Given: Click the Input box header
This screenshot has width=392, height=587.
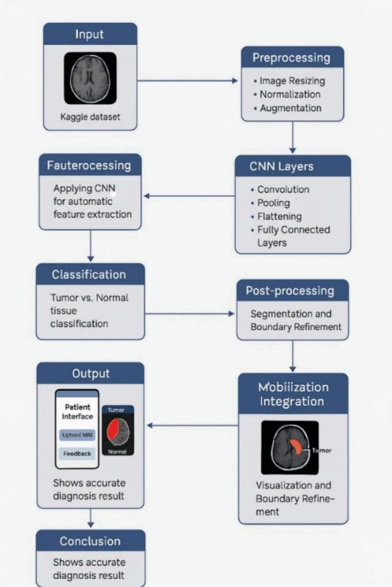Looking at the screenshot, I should (x=90, y=34).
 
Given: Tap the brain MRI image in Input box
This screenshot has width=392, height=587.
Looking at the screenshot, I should (x=90, y=77).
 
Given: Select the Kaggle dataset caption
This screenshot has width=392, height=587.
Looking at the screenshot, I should (x=90, y=118).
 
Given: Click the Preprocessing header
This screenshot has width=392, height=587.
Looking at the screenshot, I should (x=292, y=58).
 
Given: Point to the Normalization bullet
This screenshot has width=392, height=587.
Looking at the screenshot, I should (x=290, y=94).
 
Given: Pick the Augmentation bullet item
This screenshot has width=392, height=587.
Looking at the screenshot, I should (x=290, y=108).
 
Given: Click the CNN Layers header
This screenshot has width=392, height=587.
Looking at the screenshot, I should (x=292, y=166).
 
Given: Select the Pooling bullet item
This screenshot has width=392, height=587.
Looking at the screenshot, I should (x=274, y=203).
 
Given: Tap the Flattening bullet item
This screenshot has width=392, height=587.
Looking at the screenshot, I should (x=279, y=217).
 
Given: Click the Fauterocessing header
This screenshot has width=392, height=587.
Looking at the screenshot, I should (x=89, y=166).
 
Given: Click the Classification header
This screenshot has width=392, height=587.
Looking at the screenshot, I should (x=89, y=274).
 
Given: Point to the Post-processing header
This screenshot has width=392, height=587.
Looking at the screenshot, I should (x=290, y=290).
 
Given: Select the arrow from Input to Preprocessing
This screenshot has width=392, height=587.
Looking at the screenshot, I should (x=188, y=81).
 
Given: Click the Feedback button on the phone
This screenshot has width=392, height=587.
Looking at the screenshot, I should (x=77, y=453).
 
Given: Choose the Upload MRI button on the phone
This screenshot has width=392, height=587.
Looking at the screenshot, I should (x=77, y=436).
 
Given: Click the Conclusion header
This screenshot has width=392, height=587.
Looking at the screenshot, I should (x=90, y=541).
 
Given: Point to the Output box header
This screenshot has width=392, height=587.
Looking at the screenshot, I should (x=90, y=374).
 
